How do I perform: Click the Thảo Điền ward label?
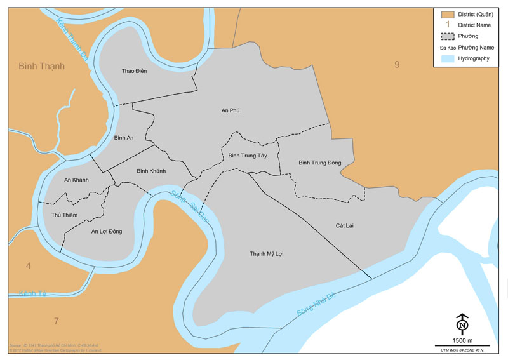(x=134, y=70)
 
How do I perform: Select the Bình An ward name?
(x=123, y=138)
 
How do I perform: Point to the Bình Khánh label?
(x=151, y=171)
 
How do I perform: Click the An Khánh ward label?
(x=76, y=180)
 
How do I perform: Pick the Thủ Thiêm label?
(x=64, y=215)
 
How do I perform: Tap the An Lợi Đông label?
(x=106, y=231)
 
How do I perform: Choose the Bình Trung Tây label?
(x=248, y=155)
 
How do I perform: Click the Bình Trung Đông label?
(x=320, y=163)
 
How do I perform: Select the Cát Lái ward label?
(x=345, y=225)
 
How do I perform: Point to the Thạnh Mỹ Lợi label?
(x=266, y=253)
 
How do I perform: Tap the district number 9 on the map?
(x=397, y=63)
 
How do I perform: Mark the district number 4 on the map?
(x=28, y=265)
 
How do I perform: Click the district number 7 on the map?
(x=56, y=321)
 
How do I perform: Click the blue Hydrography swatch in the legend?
(x=448, y=58)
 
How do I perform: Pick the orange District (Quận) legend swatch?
(x=448, y=14)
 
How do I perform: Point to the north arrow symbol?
(x=462, y=324)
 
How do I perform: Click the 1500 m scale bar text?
(x=462, y=341)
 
